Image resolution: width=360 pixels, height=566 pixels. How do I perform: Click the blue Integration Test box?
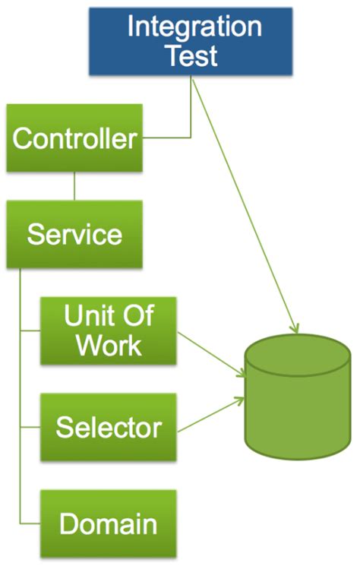(190, 42)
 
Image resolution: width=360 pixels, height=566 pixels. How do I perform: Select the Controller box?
(74, 139)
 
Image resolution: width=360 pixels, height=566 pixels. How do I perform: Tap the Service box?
(74, 234)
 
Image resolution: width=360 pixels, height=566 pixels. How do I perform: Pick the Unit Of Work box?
(108, 331)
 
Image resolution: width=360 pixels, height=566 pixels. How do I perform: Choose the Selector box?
(108, 427)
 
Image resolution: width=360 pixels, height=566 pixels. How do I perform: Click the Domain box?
(108, 523)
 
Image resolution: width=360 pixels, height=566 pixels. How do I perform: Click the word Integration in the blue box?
(194, 27)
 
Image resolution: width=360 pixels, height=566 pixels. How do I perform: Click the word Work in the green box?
(108, 346)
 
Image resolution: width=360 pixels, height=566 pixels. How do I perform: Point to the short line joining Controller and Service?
(74, 186)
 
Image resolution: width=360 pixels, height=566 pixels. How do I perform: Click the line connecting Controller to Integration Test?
(175, 138)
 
